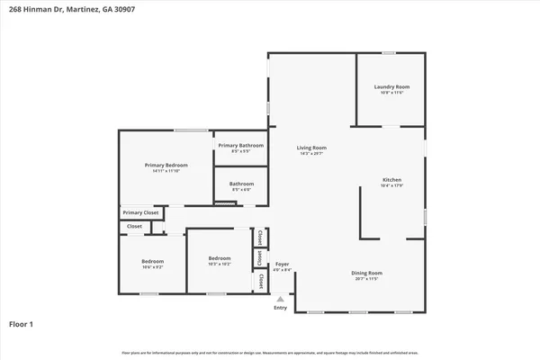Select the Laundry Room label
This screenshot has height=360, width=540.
click(x=391, y=86)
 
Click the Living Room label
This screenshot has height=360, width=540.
click(x=312, y=148)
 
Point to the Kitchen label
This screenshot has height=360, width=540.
click(x=391, y=181)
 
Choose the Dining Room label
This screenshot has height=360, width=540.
click(x=366, y=273)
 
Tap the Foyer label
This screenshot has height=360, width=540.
click(x=281, y=265)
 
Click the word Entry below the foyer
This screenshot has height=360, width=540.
click(x=280, y=307)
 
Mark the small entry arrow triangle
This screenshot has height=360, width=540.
click(x=280, y=299)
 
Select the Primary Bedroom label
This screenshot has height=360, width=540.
click(x=166, y=165)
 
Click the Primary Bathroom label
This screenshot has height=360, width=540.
click(x=240, y=145)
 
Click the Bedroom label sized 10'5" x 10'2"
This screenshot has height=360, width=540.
click(x=220, y=258)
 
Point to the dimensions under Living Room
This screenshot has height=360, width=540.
click(x=312, y=154)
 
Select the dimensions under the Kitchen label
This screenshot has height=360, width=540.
click(x=391, y=187)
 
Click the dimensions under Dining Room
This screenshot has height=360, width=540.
click(x=366, y=279)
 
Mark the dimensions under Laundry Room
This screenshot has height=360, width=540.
click(x=391, y=93)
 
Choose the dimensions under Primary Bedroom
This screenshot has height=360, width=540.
click(x=166, y=171)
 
